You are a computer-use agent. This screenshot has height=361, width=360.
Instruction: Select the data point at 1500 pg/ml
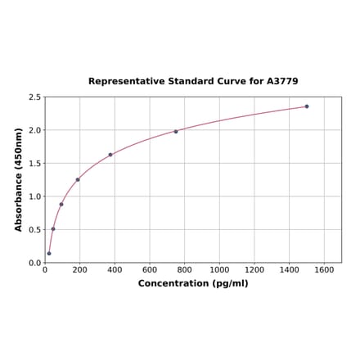pyautogui.click(x=307, y=106)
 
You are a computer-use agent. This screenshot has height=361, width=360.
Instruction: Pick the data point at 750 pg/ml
pyautogui.click(x=176, y=132)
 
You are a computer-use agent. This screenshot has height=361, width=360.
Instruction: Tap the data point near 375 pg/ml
pyautogui.click(x=110, y=155)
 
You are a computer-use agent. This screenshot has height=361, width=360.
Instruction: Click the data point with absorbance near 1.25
pyautogui.click(x=78, y=179)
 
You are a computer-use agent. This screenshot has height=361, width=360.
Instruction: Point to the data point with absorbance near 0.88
pyautogui.click(x=61, y=205)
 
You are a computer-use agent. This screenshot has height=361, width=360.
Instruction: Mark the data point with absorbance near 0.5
pyautogui.click(x=53, y=228)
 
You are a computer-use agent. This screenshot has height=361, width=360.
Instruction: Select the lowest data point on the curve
pyautogui.click(x=49, y=254)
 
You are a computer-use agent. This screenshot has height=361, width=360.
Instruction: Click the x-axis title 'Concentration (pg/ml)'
pyautogui.click(x=193, y=283)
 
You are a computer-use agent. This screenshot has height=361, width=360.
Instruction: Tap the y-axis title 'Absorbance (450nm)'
pyautogui.click(x=18, y=179)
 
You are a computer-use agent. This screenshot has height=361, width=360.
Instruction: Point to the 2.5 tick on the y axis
pyautogui.click(x=34, y=97)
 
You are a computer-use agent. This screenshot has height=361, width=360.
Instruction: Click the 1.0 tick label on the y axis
pyautogui.click(x=34, y=196)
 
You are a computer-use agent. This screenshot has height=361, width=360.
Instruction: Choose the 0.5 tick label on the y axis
pyautogui.click(x=34, y=230)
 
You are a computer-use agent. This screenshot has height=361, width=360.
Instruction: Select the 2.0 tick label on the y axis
pyautogui.click(x=34, y=130)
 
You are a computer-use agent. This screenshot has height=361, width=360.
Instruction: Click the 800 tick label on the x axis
pyautogui.click(x=184, y=269)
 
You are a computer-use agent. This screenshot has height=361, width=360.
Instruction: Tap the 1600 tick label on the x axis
pyautogui.click(x=324, y=269)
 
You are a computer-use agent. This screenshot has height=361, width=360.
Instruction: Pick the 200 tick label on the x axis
pyautogui.click(x=79, y=269)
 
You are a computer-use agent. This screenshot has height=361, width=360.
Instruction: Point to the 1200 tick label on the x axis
pyautogui.click(x=254, y=269)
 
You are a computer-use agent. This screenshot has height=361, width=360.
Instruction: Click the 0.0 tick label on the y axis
pyautogui.click(x=34, y=263)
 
